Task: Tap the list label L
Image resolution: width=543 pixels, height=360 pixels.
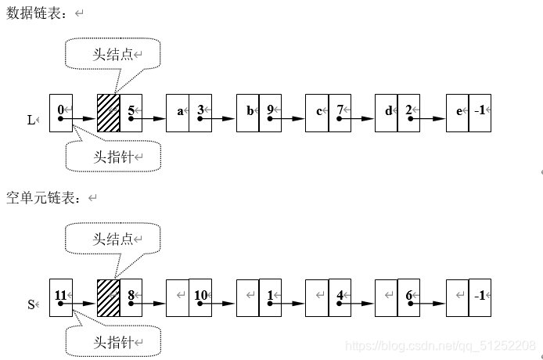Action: [x=31, y=120]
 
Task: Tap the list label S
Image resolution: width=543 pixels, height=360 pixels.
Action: [x=31, y=304]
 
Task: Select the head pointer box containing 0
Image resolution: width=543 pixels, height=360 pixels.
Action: [x=60, y=113]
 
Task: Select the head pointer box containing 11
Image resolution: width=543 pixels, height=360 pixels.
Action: [x=60, y=297]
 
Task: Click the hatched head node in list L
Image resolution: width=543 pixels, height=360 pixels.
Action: [x=108, y=113]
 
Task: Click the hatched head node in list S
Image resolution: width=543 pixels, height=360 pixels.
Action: [x=108, y=297]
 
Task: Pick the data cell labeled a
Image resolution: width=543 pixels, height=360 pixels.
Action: [x=178, y=113]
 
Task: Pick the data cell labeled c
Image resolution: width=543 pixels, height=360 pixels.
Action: [x=317, y=113]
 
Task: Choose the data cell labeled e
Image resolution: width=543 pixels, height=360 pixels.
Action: [x=457, y=113]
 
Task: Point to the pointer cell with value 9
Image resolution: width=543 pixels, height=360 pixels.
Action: [x=270, y=113]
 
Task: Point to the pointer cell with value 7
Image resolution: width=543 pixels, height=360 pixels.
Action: [x=340, y=113]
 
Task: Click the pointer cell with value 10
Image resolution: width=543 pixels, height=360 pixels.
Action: [x=200, y=297]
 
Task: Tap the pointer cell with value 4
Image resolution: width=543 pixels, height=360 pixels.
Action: [x=340, y=297]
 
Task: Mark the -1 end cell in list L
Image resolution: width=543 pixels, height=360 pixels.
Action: [x=480, y=113]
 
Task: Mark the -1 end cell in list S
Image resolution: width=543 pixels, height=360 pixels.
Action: [x=480, y=297]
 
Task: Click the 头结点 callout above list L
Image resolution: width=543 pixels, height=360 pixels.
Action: [x=113, y=53]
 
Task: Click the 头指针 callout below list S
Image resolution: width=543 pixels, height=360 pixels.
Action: [x=113, y=342]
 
